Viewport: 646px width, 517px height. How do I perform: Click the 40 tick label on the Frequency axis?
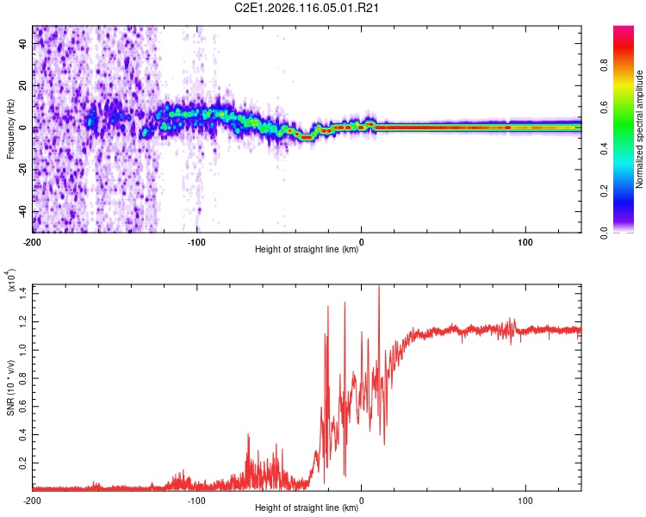coord(23,45)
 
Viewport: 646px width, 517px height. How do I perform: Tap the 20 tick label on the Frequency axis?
coord(23,86)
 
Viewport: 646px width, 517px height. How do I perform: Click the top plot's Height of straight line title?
coord(307,249)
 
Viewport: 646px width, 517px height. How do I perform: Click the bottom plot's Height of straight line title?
coord(307,508)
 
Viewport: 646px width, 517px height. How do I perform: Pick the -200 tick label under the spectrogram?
coord(33,240)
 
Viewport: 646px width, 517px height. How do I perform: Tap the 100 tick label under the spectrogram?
coord(525,240)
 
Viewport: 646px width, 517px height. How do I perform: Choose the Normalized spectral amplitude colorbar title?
coord(640,129)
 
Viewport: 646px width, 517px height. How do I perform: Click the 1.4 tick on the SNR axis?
coord(23,292)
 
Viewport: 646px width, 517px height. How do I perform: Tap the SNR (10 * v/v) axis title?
coord(10,388)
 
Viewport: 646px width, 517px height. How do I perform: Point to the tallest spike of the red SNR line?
coord(379,287)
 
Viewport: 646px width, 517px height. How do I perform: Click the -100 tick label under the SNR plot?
coord(196,499)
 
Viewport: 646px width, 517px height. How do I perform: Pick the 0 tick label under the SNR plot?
coord(361,499)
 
